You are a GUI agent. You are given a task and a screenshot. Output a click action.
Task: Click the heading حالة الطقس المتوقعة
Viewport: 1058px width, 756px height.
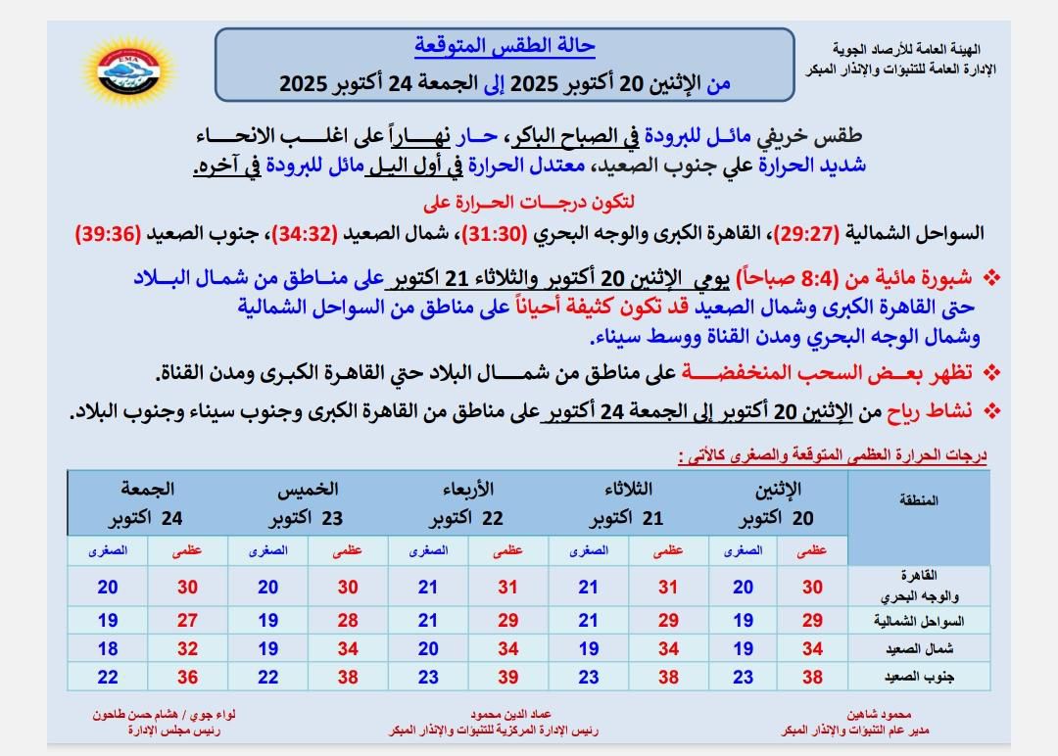tap(505, 45)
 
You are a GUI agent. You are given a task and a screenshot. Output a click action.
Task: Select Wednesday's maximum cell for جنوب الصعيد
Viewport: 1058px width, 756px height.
tap(507, 678)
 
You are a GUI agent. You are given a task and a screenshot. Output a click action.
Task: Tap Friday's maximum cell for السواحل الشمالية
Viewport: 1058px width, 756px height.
tap(187, 621)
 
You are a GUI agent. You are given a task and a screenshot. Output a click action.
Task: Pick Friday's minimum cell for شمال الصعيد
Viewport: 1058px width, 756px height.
tap(108, 649)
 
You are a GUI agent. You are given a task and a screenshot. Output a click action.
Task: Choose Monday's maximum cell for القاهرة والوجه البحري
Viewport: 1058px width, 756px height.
tap(812, 588)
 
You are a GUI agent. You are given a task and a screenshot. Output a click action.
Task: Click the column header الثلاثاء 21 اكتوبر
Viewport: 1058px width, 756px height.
tap(628, 503)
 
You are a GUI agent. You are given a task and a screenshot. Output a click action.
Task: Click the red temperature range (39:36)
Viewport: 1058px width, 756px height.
tap(112, 235)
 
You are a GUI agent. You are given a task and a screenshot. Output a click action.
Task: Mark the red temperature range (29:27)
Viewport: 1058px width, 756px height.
tap(806, 235)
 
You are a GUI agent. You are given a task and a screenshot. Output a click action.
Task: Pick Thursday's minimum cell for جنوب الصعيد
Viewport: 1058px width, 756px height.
tap(267, 678)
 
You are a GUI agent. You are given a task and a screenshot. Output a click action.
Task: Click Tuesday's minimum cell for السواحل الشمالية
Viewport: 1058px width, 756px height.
tap(588, 621)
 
